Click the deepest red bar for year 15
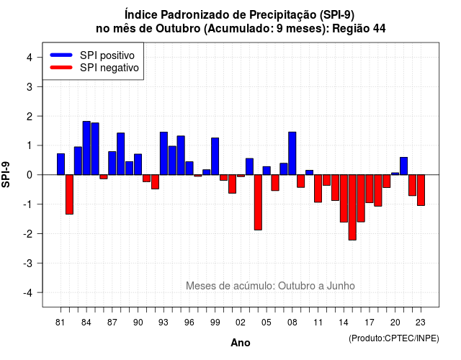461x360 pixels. pyautogui.click(x=352, y=207)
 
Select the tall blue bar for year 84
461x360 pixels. pyautogui.click(x=86, y=148)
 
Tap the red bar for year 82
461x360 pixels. pyautogui.click(x=69, y=194)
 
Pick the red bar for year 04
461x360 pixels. pyautogui.click(x=258, y=202)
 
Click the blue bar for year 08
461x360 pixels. pyautogui.click(x=292, y=153)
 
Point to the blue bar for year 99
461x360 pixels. pyautogui.click(x=215, y=156)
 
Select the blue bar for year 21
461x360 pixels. pyautogui.click(x=403, y=166)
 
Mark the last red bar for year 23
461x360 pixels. pyautogui.click(x=421, y=190)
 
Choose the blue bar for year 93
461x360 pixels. pyautogui.click(x=164, y=153)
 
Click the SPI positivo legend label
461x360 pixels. pyautogui.click(x=107, y=55)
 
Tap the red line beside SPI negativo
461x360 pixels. pyautogui.click(x=61, y=68)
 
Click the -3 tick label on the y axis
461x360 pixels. pyautogui.click(x=28, y=263)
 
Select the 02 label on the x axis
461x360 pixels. pyautogui.click(x=240, y=323)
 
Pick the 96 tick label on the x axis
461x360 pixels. pyautogui.click(x=189, y=323)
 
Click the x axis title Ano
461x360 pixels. pyautogui.click(x=240, y=343)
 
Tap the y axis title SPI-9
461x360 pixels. pyautogui.click(x=6, y=174)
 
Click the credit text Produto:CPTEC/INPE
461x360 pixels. pyautogui.click(x=394, y=338)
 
